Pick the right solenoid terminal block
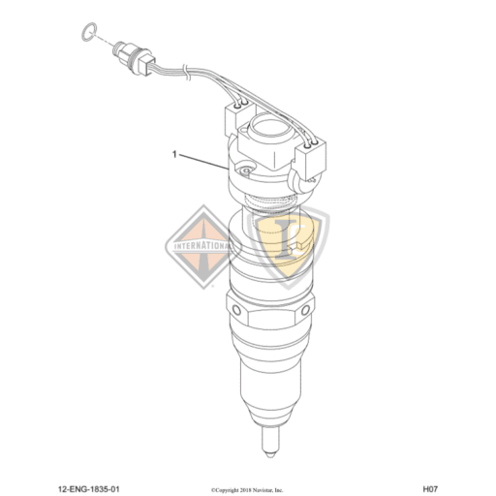[315, 155]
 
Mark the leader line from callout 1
[203, 161]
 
